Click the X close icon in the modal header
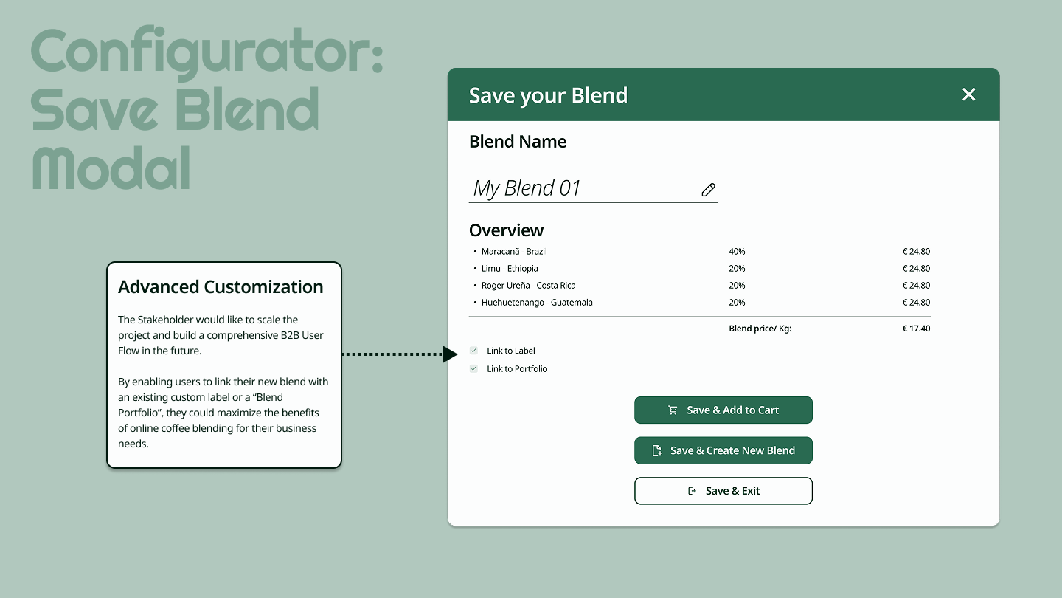[x=968, y=94]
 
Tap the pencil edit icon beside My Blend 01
[x=708, y=190]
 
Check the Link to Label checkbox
[x=473, y=351]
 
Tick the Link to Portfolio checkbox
[x=473, y=369]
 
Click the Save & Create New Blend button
[x=723, y=450]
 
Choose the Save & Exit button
[x=723, y=491]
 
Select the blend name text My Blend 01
[x=527, y=188]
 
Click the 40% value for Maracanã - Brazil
[x=737, y=252]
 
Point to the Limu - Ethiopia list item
[x=510, y=269]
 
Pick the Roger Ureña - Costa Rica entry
[x=528, y=286]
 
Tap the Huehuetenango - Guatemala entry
[x=537, y=303]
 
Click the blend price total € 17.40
[x=916, y=329]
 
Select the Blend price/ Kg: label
[x=760, y=329]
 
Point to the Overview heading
[x=506, y=230]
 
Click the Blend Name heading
[x=517, y=142]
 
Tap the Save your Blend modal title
[x=548, y=95]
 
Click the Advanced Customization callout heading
[x=221, y=286]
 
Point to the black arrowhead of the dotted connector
[x=450, y=354]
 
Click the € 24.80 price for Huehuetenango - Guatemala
[x=916, y=303]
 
